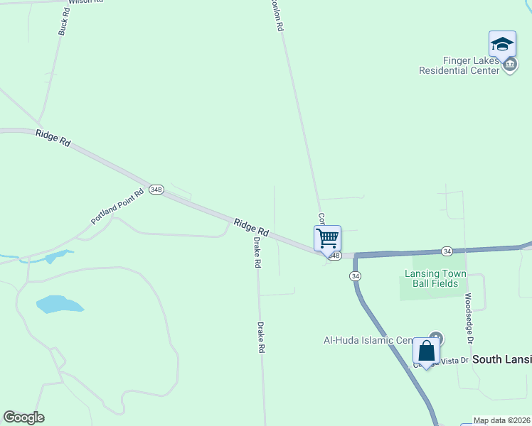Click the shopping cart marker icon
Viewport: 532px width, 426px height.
pos(327,238)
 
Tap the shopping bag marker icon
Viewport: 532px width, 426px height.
pos(426,351)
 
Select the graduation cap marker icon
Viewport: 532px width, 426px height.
pos(502,44)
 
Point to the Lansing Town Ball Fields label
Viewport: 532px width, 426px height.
pos(435,278)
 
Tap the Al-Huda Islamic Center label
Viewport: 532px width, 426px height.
pos(368,341)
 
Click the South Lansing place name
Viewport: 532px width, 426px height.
pos(501,359)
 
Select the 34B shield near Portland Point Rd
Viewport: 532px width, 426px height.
pos(156,190)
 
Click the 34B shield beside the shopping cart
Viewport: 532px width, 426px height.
pos(336,256)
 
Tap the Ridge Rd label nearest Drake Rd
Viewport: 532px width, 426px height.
pos(251,227)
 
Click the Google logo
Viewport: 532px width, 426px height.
pos(23,417)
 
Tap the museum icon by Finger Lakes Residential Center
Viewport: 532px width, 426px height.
pos(509,66)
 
